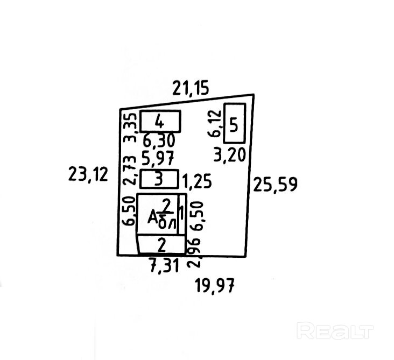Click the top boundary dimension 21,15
pyautogui.click(x=190, y=87)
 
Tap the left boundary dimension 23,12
pyautogui.click(x=88, y=174)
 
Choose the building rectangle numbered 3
pyautogui.click(x=159, y=179)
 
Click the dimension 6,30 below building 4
pyautogui.click(x=159, y=141)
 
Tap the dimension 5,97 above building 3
pyautogui.click(x=159, y=159)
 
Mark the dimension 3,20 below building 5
pyautogui.click(x=229, y=155)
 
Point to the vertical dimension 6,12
pyautogui.click(x=216, y=124)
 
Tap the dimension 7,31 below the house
pyautogui.click(x=164, y=264)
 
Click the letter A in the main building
pyautogui.click(x=153, y=217)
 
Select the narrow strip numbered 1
pyautogui.click(x=181, y=214)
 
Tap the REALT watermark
pyautogui.click(x=335, y=329)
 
